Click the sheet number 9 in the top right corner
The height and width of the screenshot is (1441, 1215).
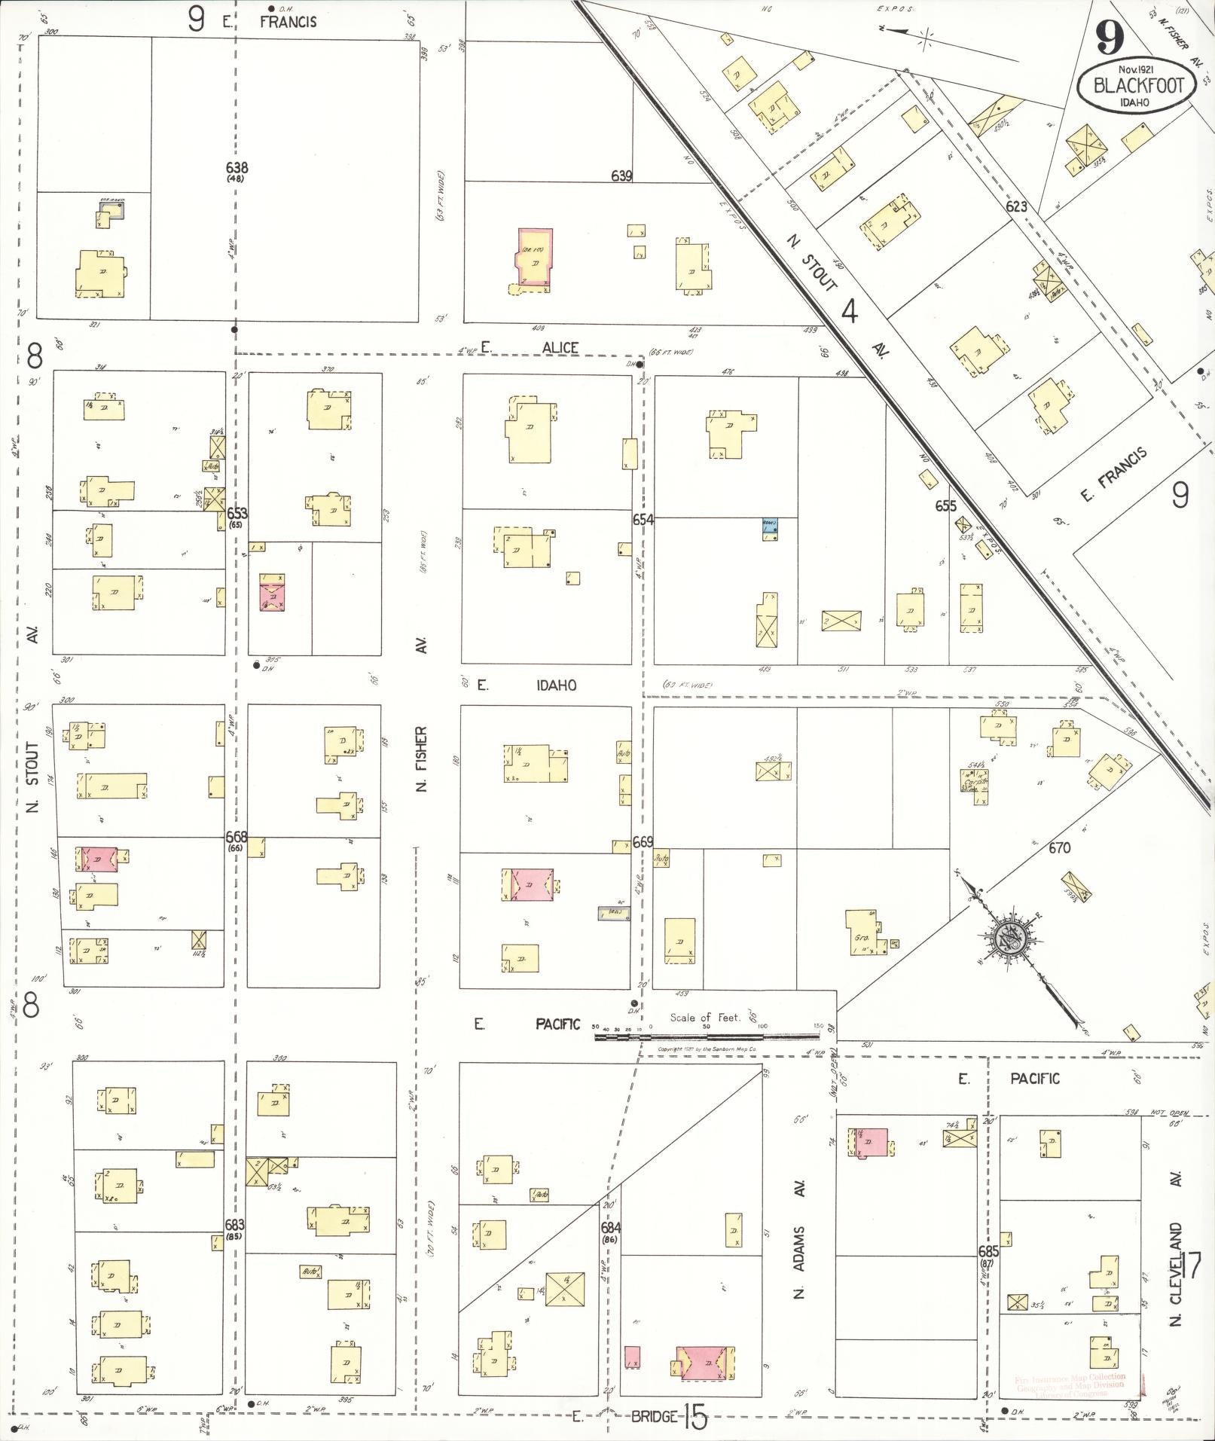click(1111, 35)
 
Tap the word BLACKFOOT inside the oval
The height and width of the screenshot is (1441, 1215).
click(1135, 85)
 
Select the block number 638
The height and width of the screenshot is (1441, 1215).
click(237, 168)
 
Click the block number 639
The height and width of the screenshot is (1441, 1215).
click(621, 176)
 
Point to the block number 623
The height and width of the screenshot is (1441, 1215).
click(1016, 206)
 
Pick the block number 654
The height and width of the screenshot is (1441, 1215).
click(643, 520)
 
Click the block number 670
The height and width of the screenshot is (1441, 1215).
click(1059, 848)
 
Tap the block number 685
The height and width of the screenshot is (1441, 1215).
click(988, 1249)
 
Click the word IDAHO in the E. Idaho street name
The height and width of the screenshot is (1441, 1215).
click(556, 685)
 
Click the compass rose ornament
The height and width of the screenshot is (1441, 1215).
click(1008, 938)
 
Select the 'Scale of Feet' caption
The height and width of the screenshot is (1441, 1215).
click(705, 1018)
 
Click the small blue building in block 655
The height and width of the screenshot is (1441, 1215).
click(768, 530)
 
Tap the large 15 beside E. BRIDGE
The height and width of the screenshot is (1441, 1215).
click(695, 1419)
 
